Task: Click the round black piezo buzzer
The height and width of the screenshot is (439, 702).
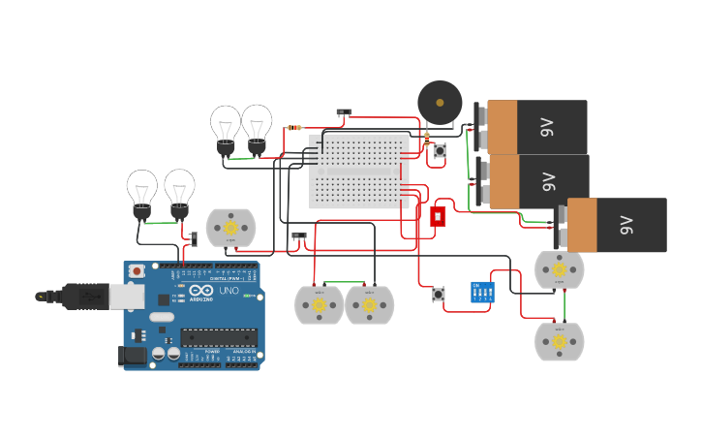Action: (440, 102)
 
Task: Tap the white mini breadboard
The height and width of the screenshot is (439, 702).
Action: (359, 171)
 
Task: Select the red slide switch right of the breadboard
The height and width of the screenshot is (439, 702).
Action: (438, 216)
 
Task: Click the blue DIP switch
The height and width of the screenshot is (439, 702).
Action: (481, 292)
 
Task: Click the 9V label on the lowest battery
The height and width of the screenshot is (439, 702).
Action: (626, 225)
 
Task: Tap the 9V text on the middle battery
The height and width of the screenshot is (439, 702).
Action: (548, 181)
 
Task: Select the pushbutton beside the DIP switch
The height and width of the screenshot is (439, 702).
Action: (439, 294)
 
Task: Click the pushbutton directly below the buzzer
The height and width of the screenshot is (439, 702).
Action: (440, 151)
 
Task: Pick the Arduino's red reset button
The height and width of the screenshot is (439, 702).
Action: (137, 271)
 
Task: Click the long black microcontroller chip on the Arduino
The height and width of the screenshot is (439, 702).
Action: (219, 338)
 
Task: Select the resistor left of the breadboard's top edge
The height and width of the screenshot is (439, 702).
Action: (294, 128)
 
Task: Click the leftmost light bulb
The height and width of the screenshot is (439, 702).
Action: (142, 193)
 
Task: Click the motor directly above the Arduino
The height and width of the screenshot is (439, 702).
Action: (230, 228)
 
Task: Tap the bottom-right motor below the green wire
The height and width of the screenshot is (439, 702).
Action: (560, 341)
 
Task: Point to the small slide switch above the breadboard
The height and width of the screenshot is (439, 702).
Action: (344, 113)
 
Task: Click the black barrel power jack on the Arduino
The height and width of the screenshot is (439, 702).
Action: (132, 357)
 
